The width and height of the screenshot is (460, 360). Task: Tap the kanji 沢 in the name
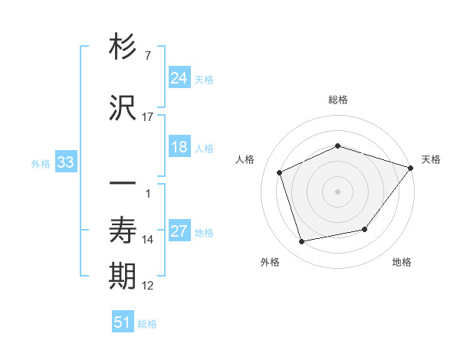[123, 108]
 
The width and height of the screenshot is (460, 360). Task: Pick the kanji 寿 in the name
[123, 231]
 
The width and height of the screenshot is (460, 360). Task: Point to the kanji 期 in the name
[123, 277]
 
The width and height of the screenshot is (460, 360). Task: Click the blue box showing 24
[179, 77]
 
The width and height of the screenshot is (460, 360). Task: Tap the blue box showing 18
[179, 147]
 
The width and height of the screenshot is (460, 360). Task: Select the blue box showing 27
[179, 231]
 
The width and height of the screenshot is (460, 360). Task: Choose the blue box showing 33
[65, 162]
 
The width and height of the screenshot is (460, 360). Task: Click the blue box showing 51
[123, 322]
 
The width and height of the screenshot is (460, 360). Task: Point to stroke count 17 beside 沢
[148, 117]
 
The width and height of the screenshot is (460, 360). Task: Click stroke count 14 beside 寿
[148, 240]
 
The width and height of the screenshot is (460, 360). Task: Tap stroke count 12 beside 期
[148, 286]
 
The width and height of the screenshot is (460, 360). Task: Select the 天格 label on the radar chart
[431, 159]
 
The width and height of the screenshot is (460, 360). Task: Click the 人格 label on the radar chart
[245, 159]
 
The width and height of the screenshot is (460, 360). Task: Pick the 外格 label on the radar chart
[270, 262]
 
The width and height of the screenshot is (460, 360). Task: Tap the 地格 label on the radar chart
[402, 262]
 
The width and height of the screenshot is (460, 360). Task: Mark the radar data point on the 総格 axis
[337, 146]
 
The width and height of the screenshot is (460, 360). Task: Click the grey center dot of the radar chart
[337, 191]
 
